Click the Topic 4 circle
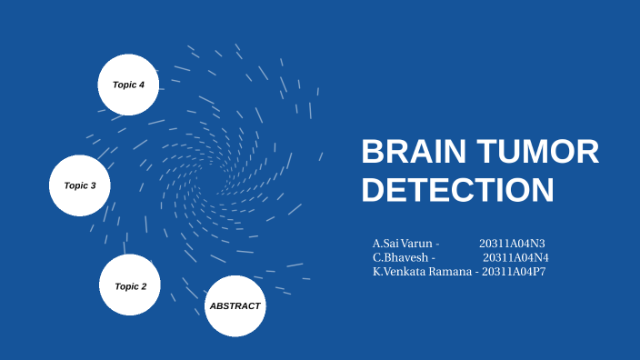tap(128, 85)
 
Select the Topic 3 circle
tap(79, 185)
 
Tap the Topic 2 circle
tap(130, 285)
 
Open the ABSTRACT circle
tap(235, 305)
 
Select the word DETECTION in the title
tap(457, 190)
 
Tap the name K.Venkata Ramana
tap(422, 271)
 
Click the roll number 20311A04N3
tap(512, 244)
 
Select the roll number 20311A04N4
tap(515, 257)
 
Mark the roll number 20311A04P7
tap(514, 271)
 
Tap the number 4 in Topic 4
tap(141, 85)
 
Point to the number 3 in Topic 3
tap(93, 185)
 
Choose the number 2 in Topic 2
tap(143, 286)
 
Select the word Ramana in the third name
tap(453, 271)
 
